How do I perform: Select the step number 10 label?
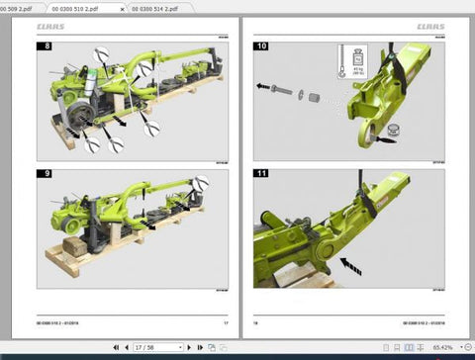(261, 46)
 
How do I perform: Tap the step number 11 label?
(261, 174)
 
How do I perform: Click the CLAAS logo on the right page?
(429, 27)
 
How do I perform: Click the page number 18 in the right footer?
(255, 321)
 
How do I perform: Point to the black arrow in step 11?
(348, 264)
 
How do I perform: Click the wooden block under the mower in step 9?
(70, 246)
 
